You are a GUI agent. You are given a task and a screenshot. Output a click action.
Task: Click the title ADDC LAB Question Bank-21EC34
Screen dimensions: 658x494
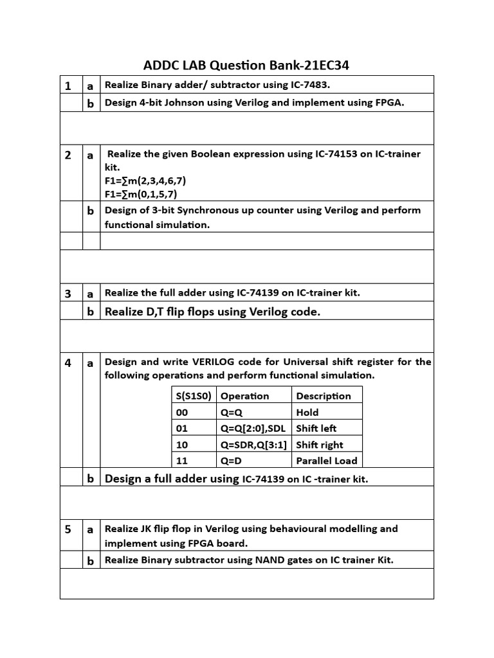[247, 65]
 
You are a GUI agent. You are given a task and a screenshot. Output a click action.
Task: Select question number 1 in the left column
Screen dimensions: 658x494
[68, 85]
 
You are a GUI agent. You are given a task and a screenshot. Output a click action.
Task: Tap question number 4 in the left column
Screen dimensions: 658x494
[68, 362]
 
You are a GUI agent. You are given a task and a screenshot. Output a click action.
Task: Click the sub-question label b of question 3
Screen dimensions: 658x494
[91, 312]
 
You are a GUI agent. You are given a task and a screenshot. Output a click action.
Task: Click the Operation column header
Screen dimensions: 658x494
[244, 396]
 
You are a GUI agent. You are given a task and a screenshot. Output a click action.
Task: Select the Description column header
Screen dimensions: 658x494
[324, 396]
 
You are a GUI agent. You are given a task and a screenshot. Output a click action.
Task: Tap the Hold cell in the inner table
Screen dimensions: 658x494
[307, 413]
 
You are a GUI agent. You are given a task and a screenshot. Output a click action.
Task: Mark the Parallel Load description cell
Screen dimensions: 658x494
[326, 461]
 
